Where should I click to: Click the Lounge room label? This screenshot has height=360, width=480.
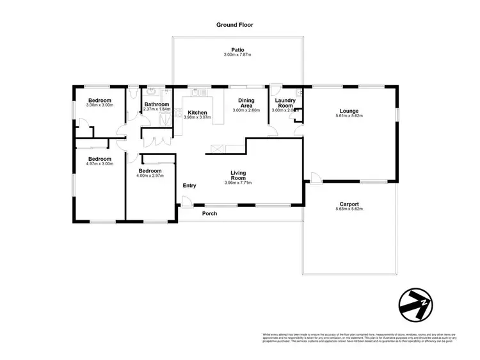pyautogui.click(x=349, y=111)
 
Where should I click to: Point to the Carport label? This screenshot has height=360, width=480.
pyautogui.click(x=349, y=204)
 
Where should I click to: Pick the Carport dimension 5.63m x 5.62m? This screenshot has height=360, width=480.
pyautogui.click(x=349, y=210)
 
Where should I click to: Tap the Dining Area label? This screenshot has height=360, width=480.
pyautogui.click(x=246, y=103)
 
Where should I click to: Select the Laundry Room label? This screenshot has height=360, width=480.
pyautogui.click(x=284, y=103)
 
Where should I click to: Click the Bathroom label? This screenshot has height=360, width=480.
pyautogui.click(x=156, y=104)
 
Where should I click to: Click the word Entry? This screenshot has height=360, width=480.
pyautogui.click(x=189, y=186)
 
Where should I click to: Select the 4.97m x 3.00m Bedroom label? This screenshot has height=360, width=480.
pyautogui.click(x=100, y=159)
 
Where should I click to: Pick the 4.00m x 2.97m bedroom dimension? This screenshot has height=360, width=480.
pyautogui.click(x=151, y=177)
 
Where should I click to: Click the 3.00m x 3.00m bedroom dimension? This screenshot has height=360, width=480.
pyautogui.click(x=100, y=106)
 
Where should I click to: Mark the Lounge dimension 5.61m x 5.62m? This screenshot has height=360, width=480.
pyautogui.click(x=349, y=117)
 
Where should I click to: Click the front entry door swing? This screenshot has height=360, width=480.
pyautogui.click(x=186, y=203)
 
